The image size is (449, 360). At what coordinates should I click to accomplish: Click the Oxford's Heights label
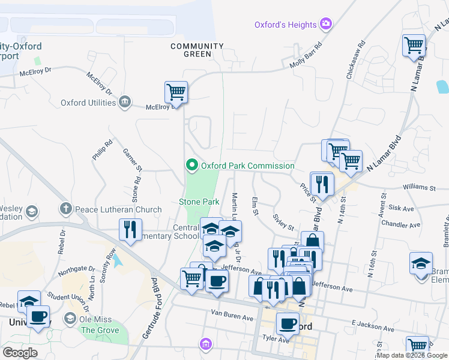pos(285,25)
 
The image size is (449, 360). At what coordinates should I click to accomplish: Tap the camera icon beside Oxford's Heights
pos(326,25)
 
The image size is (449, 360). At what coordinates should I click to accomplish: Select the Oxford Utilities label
pos(88,103)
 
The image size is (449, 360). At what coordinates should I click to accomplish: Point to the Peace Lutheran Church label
pos(118,210)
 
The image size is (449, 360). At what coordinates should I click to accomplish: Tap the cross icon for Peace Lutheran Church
pos(65,210)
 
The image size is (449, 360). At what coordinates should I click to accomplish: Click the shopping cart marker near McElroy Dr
pos(176,93)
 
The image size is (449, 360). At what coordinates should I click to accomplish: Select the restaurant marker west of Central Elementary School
pos(130,229)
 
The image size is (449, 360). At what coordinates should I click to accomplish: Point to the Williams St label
pos(419,188)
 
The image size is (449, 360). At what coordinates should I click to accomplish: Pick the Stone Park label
pos(199,202)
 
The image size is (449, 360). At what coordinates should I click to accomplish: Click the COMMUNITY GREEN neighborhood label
pos(197,50)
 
